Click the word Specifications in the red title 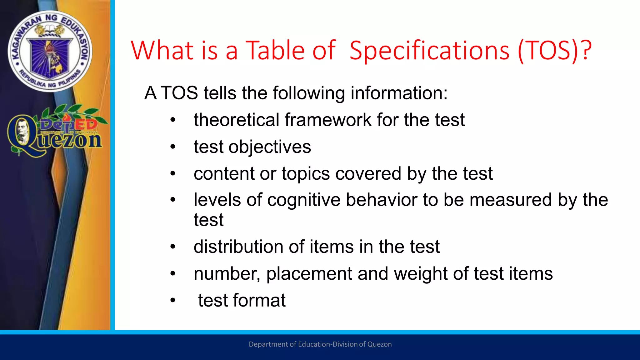click(x=429, y=51)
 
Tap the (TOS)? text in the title click(x=554, y=51)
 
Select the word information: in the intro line click(x=399, y=93)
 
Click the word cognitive click(x=304, y=200)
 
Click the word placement click(x=309, y=274)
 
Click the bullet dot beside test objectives click(x=173, y=147)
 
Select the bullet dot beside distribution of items click(x=173, y=247)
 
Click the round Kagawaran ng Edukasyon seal click(x=50, y=51)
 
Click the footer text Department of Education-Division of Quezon click(x=320, y=344)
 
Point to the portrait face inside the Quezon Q click(x=22, y=130)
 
